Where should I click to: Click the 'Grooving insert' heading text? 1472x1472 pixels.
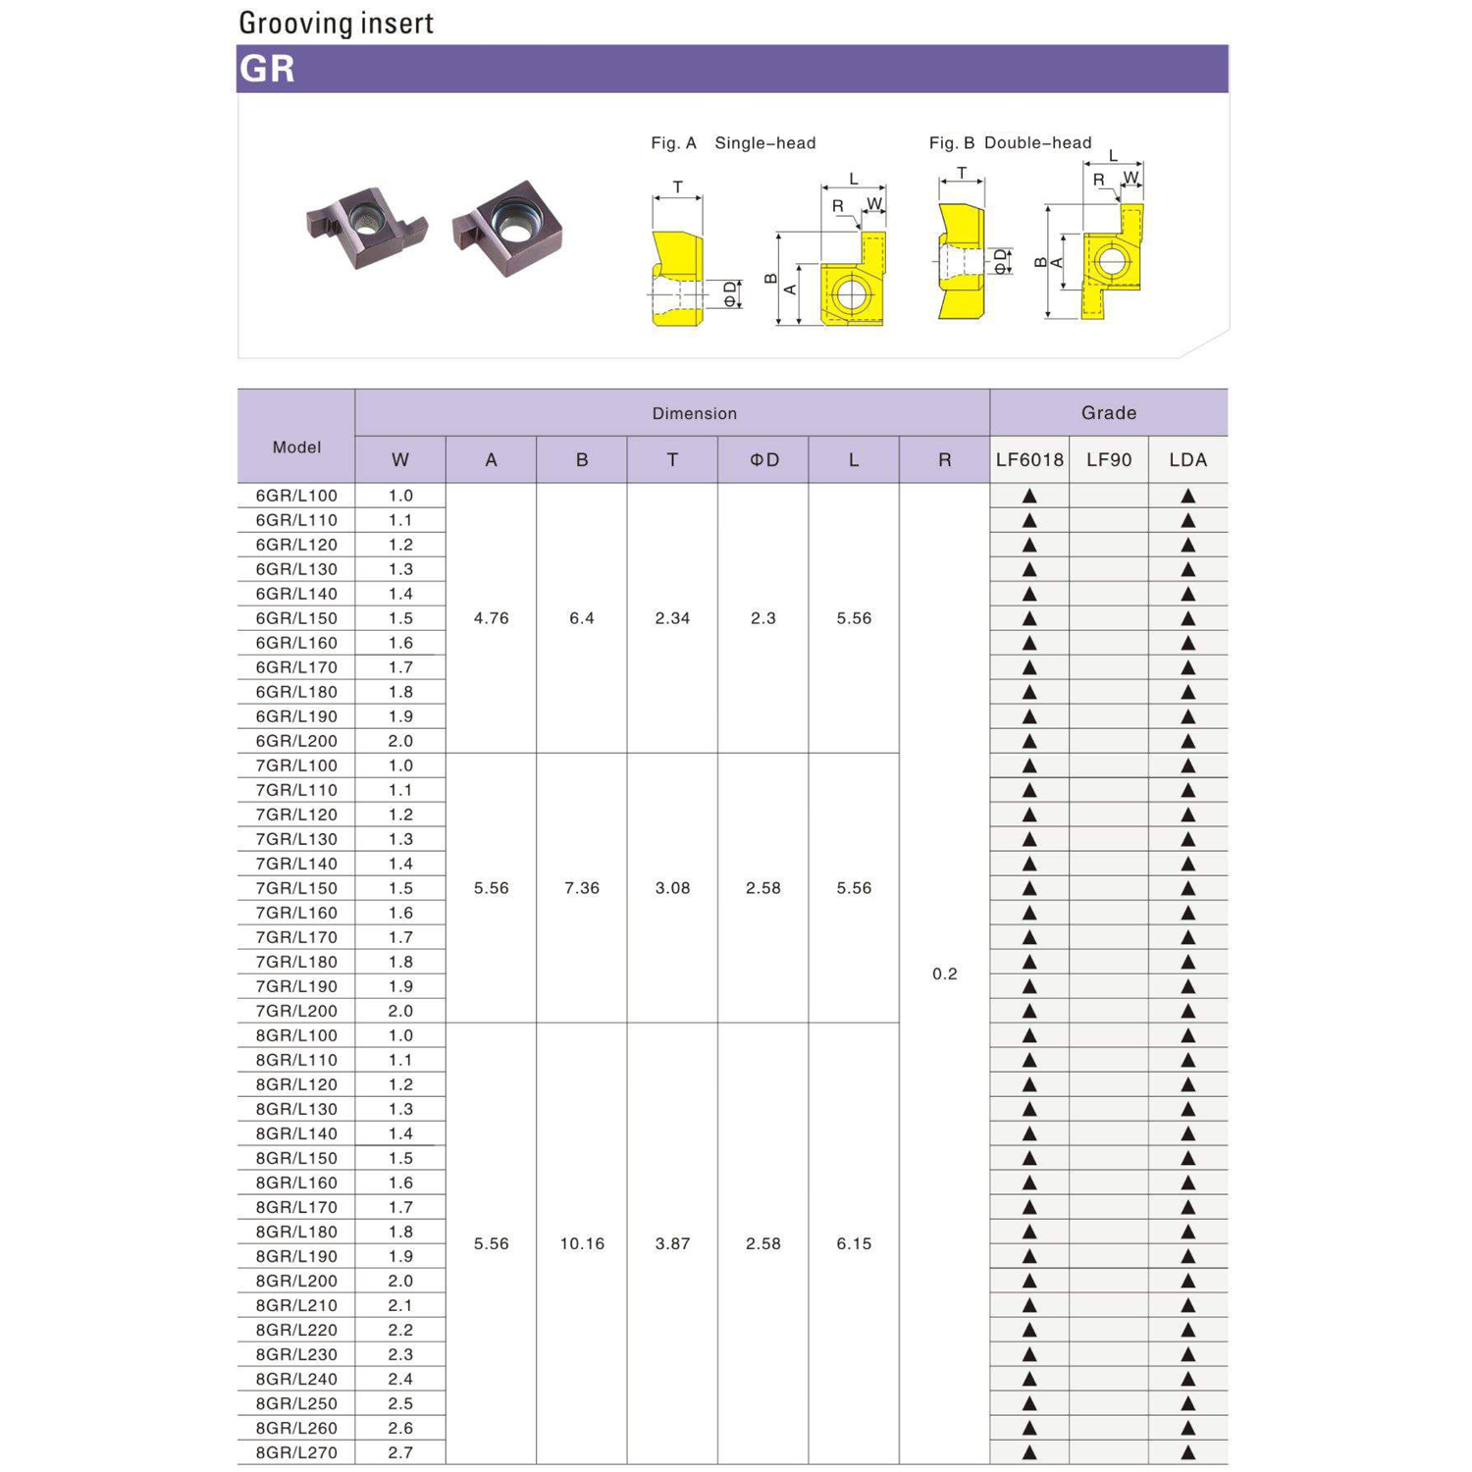pyautogui.click(x=336, y=23)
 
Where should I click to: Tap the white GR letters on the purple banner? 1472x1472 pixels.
pyautogui.click(x=267, y=69)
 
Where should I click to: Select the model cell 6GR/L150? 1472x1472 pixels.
pyautogui.click(x=296, y=618)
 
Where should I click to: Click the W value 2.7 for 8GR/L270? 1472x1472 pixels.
pyautogui.click(x=400, y=1452)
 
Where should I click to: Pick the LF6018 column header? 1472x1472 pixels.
pyautogui.click(x=1029, y=459)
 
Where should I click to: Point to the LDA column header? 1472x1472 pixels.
pyautogui.click(x=1187, y=459)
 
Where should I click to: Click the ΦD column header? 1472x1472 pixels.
pyautogui.click(x=763, y=459)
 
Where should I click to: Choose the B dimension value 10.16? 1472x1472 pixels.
pyautogui.click(x=582, y=1243)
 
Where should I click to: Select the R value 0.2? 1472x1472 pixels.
pyautogui.click(x=944, y=973)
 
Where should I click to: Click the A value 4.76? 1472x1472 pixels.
pyautogui.click(x=491, y=618)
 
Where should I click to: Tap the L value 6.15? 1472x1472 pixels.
pyautogui.click(x=854, y=1243)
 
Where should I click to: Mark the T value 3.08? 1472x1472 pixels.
pyautogui.click(x=672, y=888)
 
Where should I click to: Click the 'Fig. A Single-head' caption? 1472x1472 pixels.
pyautogui.click(x=733, y=143)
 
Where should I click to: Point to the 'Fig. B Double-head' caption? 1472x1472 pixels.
pyautogui.click(x=1010, y=143)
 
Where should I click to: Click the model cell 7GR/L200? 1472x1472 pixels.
pyautogui.click(x=296, y=1011)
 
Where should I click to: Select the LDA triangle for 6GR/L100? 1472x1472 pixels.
pyautogui.click(x=1187, y=497)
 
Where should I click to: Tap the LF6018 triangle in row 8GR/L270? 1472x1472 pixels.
pyautogui.click(x=1029, y=1452)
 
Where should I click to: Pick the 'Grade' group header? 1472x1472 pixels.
pyautogui.click(x=1109, y=413)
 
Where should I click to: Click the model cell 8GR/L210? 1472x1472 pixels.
pyautogui.click(x=296, y=1305)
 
